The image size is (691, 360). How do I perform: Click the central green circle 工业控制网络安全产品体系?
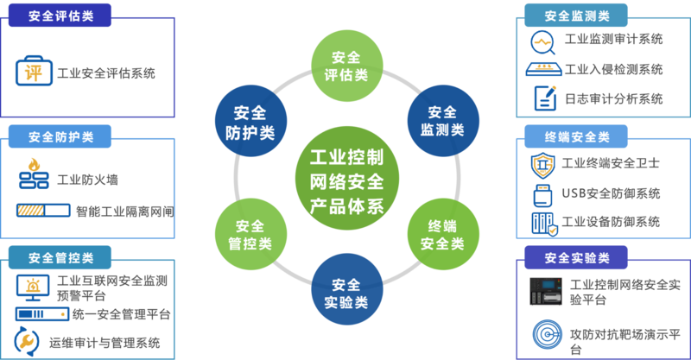pyautogui.click(x=345, y=180)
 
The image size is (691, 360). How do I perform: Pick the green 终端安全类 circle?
pyautogui.click(x=443, y=235)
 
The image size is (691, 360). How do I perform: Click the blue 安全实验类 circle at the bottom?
pyautogui.click(x=345, y=293)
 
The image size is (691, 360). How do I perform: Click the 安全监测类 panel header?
pyautogui.click(x=576, y=16)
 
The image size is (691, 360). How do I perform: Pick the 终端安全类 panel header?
pyautogui.click(x=576, y=136)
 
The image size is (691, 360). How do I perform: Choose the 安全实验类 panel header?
pyautogui.click(x=576, y=257)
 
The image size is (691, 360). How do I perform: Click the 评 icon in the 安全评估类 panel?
pyautogui.click(x=31, y=72)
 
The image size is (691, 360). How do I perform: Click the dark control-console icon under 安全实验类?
pyautogui.click(x=543, y=291)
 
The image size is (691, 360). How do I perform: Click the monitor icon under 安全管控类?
pyautogui.click(x=31, y=284)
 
